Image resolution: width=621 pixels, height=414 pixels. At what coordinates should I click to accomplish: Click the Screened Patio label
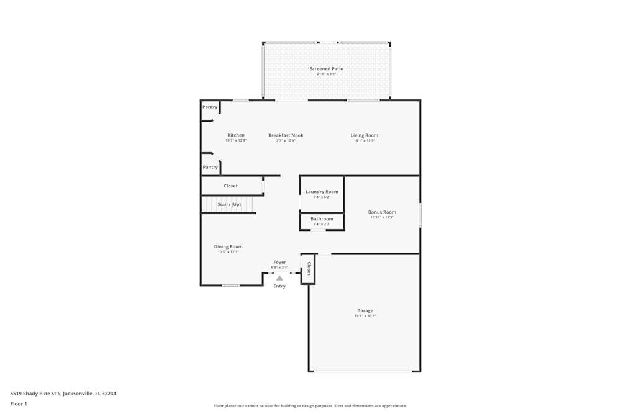click(x=326, y=69)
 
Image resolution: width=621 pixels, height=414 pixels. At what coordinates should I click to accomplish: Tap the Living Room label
click(x=364, y=135)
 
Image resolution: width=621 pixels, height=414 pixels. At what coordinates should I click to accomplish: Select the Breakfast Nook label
click(x=286, y=135)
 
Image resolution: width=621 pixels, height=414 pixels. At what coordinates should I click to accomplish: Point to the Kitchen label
click(x=236, y=135)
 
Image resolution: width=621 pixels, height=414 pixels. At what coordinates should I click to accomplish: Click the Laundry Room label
click(x=322, y=192)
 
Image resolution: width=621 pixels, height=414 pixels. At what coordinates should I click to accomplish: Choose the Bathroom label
click(x=322, y=219)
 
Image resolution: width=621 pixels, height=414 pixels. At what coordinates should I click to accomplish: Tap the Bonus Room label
click(x=383, y=212)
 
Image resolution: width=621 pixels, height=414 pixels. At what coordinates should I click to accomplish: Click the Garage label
click(x=365, y=311)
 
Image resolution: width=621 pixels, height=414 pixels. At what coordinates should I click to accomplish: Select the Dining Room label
click(x=228, y=247)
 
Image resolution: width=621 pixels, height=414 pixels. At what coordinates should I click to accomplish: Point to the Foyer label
click(x=279, y=263)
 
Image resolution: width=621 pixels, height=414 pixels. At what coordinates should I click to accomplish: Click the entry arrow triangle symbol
click(x=279, y=278)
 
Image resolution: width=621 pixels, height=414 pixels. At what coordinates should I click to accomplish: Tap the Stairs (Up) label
click(x=229, y=204)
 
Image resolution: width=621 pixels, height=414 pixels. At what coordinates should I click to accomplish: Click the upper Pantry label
click(x=210, y=107)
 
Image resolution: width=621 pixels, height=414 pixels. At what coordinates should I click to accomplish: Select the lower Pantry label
click(x=211, y=167)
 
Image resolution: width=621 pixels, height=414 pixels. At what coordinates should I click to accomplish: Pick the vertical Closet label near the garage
click(x=309, y=269)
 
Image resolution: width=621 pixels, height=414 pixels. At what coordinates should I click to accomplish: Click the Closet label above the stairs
click(x=230, y=186)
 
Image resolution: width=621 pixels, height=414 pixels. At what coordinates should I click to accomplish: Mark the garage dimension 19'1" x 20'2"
click(x=365, y=316)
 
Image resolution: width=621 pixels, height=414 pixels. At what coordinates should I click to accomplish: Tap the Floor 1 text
click(x=19, y=404)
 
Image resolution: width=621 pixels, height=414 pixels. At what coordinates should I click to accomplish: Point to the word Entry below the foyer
click(x=279, y=286)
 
